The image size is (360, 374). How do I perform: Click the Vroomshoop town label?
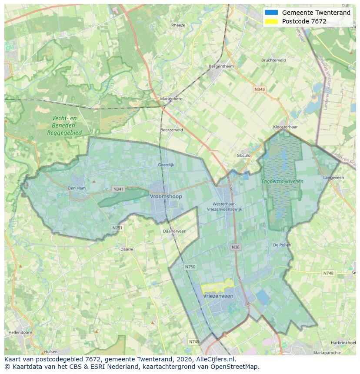point(166,196)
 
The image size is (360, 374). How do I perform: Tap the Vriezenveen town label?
point(218,296)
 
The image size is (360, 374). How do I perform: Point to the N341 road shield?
point(118,189)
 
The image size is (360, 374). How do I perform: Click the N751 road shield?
point(117,228)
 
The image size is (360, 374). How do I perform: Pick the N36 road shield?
point(235,247)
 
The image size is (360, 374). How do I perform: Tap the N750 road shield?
point(190,267)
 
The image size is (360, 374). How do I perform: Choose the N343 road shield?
point(259,89)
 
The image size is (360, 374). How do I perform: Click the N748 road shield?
point(328,273)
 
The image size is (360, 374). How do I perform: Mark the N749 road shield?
point(194,342)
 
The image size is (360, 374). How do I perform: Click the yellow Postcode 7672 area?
point(217,286)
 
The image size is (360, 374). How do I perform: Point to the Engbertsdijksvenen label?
point(282,181)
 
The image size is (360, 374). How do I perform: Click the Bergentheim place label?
point(221,66)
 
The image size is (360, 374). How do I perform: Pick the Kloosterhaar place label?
point(285,127)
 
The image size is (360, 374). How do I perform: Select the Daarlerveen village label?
point(174,231)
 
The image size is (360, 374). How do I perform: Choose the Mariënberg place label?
point(171,99)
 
